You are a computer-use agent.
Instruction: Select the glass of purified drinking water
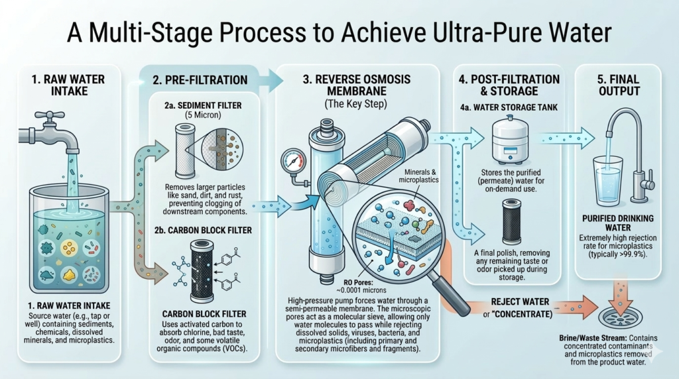click(607, 177)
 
